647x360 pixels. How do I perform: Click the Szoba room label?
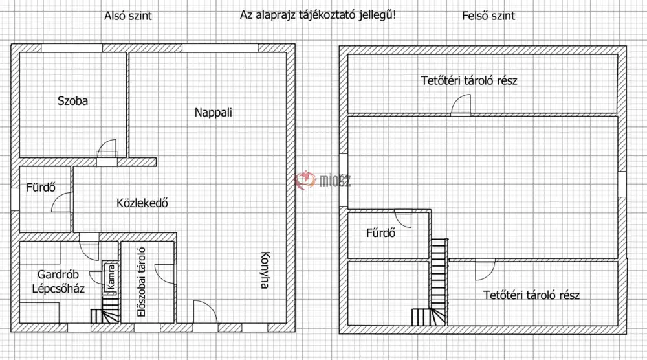(72, 101)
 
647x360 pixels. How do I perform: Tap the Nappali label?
(214, 112)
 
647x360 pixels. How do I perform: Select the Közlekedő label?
(142, 203)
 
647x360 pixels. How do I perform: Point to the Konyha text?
(265, 270)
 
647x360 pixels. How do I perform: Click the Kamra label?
(111, 277)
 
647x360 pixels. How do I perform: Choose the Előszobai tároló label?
(142, 282)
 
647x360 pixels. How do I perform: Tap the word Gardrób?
(58, 274)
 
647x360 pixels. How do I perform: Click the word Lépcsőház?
(58, 288)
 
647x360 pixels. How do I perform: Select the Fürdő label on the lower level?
(41, 187)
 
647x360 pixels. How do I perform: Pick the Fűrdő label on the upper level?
(381, 233)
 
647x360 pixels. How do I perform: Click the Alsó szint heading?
(128, 16)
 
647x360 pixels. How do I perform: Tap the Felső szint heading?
(488, 16)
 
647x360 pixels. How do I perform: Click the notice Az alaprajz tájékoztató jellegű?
(318, 16)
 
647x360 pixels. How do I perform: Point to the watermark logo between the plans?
(322, 180)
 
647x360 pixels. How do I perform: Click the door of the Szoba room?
(107, 150)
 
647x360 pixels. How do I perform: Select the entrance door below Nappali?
(205, 312)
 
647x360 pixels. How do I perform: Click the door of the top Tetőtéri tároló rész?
(461, 104)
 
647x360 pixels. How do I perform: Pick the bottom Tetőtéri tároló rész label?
(531, 295)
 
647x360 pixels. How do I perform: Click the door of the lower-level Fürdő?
(62, 202)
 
